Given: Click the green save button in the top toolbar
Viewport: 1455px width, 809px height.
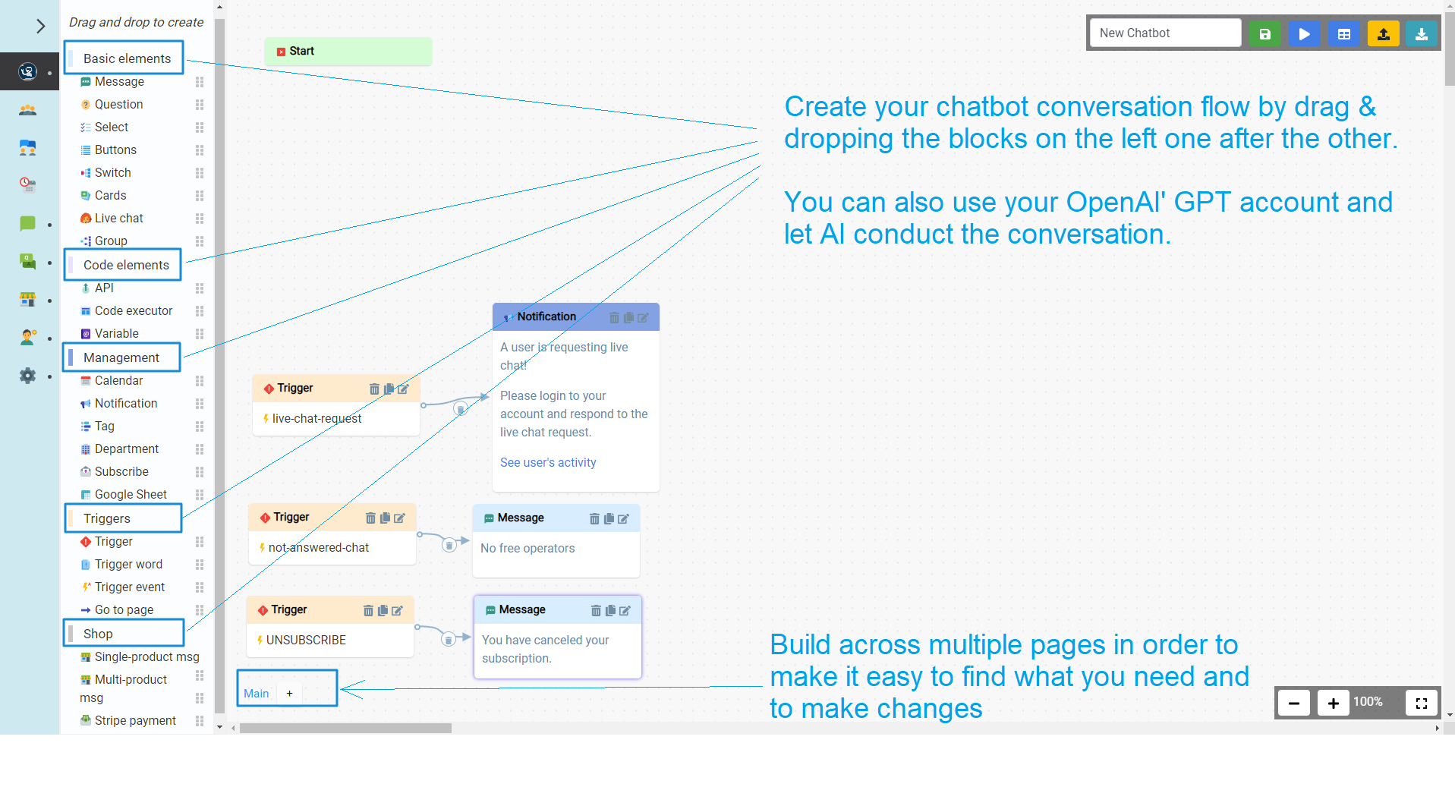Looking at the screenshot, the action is pyautogui.click(x=1264, y=33).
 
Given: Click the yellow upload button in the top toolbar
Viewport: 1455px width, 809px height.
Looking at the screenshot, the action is pyautogui.click(x=1383, y=33).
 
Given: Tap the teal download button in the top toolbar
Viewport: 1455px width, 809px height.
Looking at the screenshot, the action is pyautogui.click(x=1421, y=33).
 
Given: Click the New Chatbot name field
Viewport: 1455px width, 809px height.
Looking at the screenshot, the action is pyautogui.click(x=1165, y=33).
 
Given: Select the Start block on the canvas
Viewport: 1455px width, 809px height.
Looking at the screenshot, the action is pyautogui.click(x=348, y=52).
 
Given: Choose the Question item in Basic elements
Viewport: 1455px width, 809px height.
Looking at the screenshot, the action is pyautogui.click(x=118, y=105).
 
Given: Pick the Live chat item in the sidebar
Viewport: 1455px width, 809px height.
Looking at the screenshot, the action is pyautogui.click(x=118, y=219).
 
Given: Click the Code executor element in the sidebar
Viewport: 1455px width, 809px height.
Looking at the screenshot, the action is pyautogui.click(x=133, y=311).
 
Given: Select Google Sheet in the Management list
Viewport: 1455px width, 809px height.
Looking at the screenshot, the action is pyautogui.click(x=131, y=495).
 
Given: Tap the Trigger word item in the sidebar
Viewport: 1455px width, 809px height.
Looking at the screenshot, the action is pyautogui.click(x=128, y=565).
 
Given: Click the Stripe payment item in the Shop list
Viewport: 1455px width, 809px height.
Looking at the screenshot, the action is pyautogui.click(x=135, y=721).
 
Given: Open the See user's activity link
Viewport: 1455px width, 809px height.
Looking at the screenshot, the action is pyautogui.click(x=548, y=463).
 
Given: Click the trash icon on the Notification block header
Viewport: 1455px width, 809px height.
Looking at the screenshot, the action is pyautogui.click(x=614, y=318).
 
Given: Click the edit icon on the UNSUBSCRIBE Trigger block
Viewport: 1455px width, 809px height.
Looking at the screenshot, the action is pyautogui.click(x=397, y=611).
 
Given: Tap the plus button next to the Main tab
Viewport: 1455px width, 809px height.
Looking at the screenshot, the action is pyautogui.click(x=289, y=694).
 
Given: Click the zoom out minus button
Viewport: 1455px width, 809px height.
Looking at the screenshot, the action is pyautogui.click(x=1294, y=704).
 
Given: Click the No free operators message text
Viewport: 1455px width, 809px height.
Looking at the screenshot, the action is pyautogui.click(x=528, y=549).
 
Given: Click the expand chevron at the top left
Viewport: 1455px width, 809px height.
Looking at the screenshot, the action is pyautogui.click(x=40, y=27).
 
